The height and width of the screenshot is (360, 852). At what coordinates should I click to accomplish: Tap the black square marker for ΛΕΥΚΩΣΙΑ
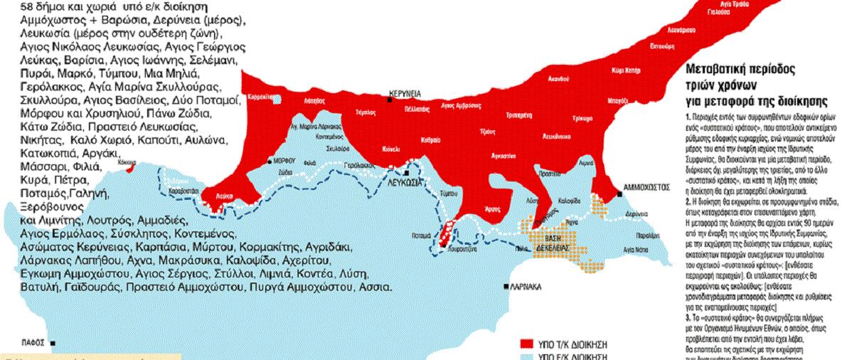click(405, 173)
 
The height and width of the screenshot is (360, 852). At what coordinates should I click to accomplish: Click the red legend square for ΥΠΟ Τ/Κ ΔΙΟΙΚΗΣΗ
click(527, 341)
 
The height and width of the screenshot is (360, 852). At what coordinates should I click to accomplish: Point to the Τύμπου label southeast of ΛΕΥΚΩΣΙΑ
click(447, 193)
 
